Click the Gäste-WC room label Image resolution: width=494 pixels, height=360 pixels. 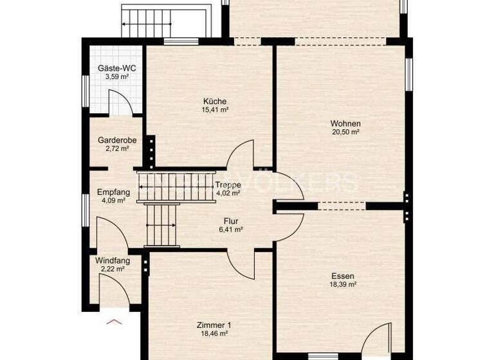pyautogui.click(x=116, y=67)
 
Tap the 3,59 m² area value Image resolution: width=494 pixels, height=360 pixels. pyautogui.click(x=116, y=76)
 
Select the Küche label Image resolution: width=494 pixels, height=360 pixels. pyautogui.click(x=215, y=101)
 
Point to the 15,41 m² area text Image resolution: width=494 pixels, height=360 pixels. pyautogui.click(x=215, y=110)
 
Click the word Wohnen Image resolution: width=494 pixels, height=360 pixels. pyautogui.click(x=345, y=123)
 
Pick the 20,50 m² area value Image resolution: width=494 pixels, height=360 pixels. pyautogui.click(x=345, y=132)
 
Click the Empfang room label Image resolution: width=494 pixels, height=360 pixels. pyautogui.click(x=113, y=192)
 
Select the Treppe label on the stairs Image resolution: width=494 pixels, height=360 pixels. pyautogui.click(x=228, y=184)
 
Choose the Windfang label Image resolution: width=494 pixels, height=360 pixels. pyautogui.click(x=113, y=260)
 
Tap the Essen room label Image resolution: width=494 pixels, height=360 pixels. pyautogui.click(x=343, y=276)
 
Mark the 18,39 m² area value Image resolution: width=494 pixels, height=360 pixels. pyautogui.click(x=343, y=285)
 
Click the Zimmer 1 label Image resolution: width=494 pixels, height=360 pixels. pyautogui.click(x=214, y=325)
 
